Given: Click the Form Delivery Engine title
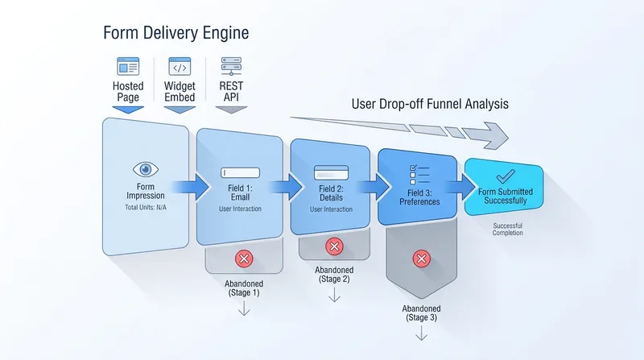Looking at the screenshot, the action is tap(175, 33).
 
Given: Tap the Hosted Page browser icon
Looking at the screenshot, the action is tap(128, 66).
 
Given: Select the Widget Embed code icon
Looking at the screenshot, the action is tap(180, 66).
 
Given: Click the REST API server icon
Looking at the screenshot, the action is tap(231, 66).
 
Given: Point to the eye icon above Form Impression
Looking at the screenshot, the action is tap(146, 169).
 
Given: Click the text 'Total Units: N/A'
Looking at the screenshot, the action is tap(146, 208).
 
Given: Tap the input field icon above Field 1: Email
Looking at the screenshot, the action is tap(240, 172).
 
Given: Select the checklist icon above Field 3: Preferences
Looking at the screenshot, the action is tap(419, 175).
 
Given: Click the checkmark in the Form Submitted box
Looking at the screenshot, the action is tap(506, 176).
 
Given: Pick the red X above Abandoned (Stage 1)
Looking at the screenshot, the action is tap(244, 259).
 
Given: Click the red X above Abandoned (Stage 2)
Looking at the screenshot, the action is tap(334, 246).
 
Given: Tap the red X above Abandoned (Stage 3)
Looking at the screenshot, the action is tap(421, 259).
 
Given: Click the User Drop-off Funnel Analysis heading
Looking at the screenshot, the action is tap(430, 104).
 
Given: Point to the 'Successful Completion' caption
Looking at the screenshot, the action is tap(508, 230).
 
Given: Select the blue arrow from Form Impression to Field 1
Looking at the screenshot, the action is tap(190, 187).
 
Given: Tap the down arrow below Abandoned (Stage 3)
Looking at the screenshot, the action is tap(421, 333).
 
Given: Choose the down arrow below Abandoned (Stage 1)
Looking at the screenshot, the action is tap(244, 308).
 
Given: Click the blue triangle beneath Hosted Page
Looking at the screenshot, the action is tap(128, 110).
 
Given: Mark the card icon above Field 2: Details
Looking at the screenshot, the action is tap(331, 172).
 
